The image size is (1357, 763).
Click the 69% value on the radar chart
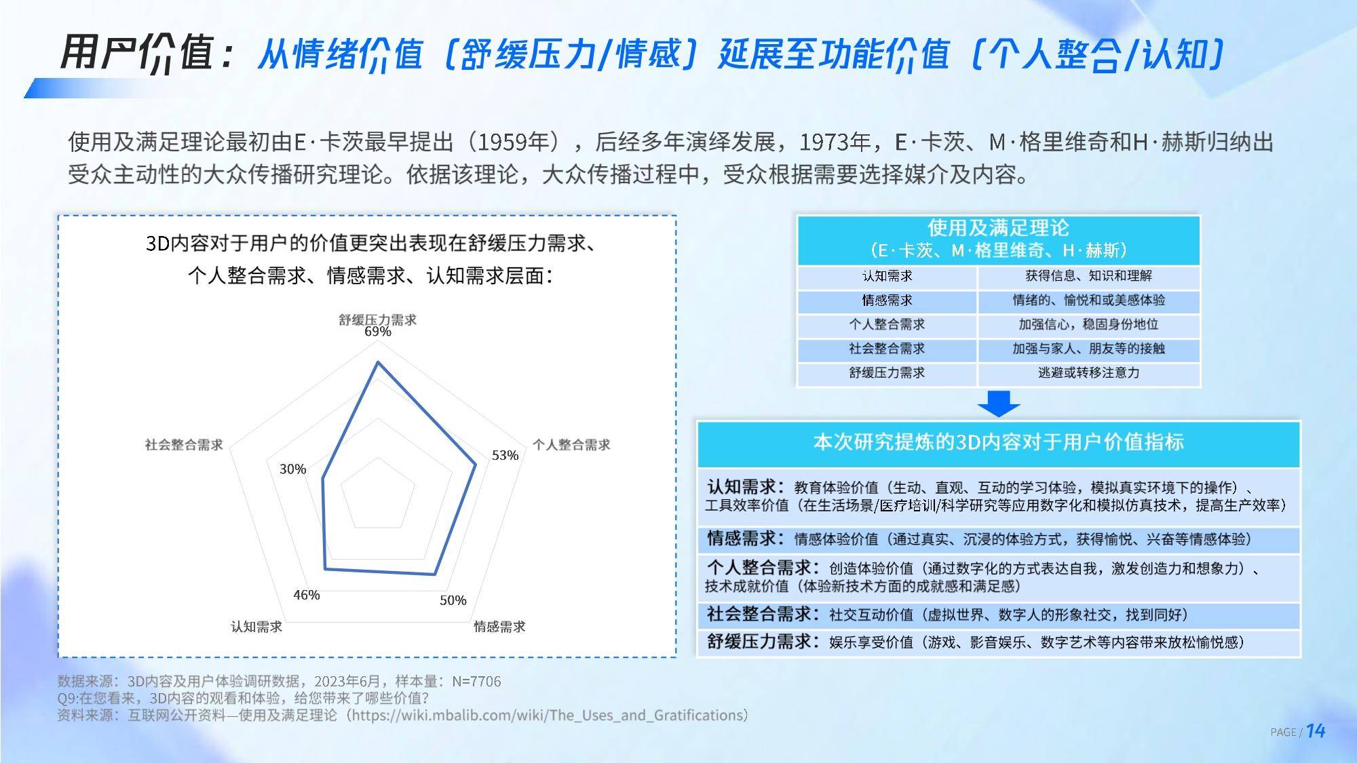377,332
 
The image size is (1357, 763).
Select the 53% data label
505,455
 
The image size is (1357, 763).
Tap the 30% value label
292,469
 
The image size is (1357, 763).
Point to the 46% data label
306,595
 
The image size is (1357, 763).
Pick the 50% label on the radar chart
453,600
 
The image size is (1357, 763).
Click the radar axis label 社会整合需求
184,445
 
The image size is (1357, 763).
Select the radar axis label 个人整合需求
571,445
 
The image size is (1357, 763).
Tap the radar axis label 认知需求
256,627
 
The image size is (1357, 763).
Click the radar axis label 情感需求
499,627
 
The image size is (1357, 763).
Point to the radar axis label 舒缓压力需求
377,319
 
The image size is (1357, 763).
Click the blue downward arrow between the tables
999,404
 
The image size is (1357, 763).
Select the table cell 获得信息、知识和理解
1088,276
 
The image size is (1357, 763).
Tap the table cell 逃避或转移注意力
1088,373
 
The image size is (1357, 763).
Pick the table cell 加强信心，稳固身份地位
1088,325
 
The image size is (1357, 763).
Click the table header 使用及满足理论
998,228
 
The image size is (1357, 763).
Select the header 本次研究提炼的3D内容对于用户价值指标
998,443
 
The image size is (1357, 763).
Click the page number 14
1316,730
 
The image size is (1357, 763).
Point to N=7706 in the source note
476,682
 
